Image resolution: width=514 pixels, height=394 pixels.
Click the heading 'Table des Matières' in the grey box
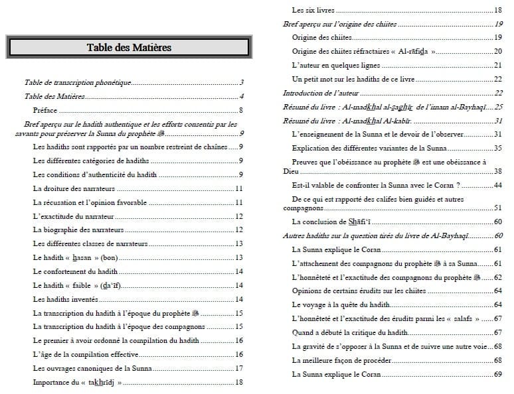(129, 47)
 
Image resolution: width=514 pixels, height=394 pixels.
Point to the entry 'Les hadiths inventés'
(66, 299)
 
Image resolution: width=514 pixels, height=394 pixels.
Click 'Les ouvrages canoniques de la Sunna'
(92, 368)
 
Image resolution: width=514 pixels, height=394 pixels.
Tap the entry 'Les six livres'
(313, 11)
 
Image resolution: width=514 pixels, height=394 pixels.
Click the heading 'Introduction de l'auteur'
(320, 94)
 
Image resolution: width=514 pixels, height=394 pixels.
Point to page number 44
(498, 185)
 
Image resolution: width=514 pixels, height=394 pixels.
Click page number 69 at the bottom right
(498, 374)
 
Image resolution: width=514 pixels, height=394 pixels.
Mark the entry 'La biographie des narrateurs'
(77, 230)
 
